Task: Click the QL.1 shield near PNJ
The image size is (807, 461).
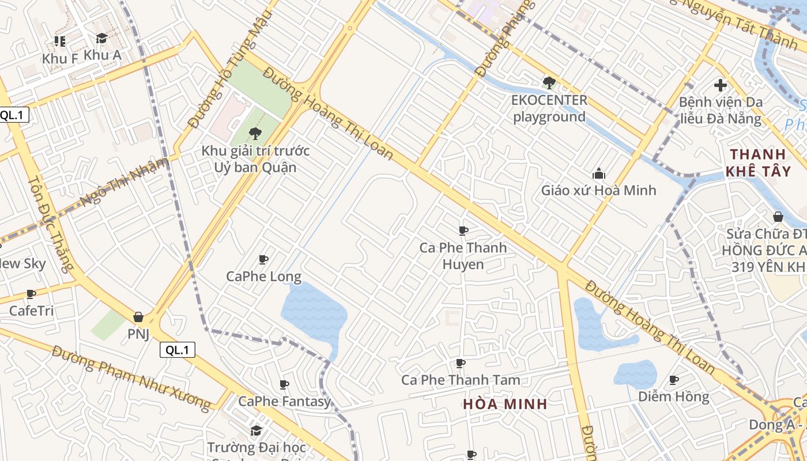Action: coord(178,349)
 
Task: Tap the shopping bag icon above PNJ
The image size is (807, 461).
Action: coord(138,317)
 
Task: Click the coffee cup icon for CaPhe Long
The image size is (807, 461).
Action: coord(263,260)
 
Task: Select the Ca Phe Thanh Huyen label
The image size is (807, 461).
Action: coord(463,256)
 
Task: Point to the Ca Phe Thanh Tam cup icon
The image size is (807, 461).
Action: coord(460,363)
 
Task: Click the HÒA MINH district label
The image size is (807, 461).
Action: coord(505,404)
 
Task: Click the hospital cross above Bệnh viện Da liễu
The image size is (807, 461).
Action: coord(720,85)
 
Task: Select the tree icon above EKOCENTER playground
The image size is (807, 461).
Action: coord(549,82)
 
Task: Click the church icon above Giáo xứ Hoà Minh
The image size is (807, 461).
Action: coord(598,173)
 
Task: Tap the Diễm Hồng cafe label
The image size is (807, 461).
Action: coord(673,396)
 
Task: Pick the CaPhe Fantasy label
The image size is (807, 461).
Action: coord(284,401)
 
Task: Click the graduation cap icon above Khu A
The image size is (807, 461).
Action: coord(102,39)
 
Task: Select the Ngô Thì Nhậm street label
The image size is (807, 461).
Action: coord(125,181)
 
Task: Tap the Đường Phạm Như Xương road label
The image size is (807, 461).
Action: coord(131,377)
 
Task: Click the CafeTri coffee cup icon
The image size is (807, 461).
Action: coord(31,294)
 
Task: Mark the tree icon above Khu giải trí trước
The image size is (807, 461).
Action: coord(255,134)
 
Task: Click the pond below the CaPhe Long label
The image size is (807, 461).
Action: coord(314,314)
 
